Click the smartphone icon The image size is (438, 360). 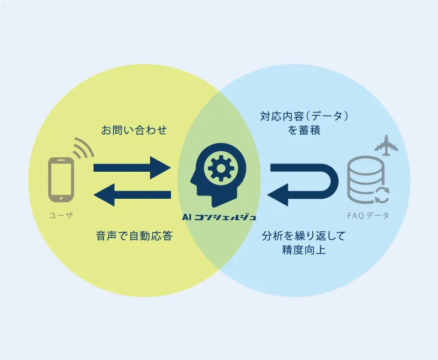[61, 179]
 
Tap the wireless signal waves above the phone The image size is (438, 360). [84, 147]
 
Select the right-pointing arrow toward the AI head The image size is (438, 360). [132, 168]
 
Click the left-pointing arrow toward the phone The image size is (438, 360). [132, 195]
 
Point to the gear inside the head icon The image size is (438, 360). [221, 168]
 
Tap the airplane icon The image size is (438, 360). [386, 145]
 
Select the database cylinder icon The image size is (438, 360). [366, 179]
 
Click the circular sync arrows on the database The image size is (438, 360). [382, 195]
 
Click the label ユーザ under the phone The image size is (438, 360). [61, 215]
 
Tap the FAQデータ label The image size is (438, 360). [368, 215]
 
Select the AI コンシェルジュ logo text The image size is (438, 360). [220, 217]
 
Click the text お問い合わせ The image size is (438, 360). [134, 130]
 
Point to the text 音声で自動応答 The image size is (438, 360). [135, 236]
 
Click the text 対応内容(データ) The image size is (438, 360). [304, 116]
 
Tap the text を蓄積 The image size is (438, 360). [304, 130]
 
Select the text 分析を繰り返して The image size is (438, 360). [304, 236]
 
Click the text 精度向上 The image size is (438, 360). [304, 250]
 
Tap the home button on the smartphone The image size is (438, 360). [61, 198]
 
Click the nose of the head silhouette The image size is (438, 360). [191, 181]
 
